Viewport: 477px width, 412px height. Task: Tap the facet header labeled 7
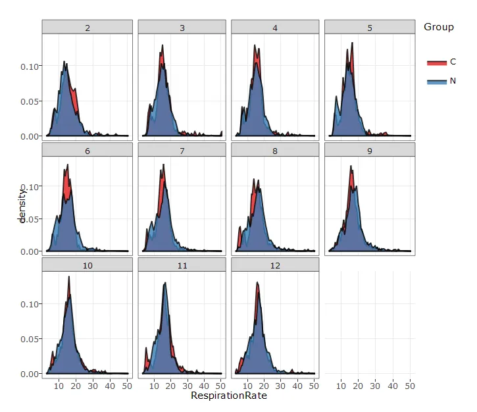[182, 150]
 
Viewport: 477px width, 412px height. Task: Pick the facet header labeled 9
[370, 150]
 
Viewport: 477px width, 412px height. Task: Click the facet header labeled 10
[88, 265]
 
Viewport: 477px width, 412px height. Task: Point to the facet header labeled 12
[276, 265]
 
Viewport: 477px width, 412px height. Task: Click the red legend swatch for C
[436, 63]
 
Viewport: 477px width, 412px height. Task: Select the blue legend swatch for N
[436, 81]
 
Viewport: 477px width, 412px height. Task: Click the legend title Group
[438, 27]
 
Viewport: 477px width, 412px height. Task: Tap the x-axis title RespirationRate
[229, 396]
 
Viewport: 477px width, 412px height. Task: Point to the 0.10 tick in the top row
[30, 66]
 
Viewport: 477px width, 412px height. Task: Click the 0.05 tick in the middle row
[30, 219]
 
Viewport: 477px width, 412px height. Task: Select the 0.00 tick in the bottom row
[30, 374]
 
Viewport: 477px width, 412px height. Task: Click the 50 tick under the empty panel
[409, 385]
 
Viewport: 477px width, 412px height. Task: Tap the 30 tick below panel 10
[92, 385]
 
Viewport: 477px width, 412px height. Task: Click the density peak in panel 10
[68, 277]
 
